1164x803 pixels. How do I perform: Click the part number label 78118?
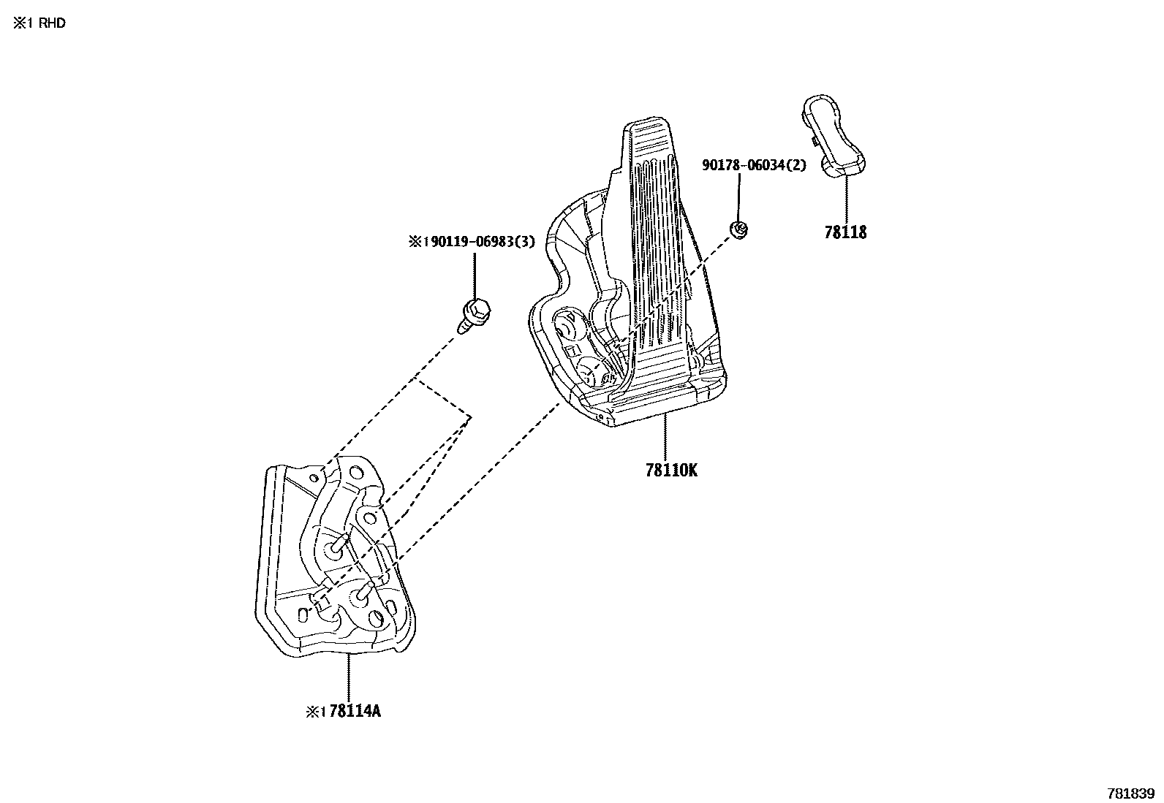coord(845,232)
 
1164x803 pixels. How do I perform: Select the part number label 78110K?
coord(671,470)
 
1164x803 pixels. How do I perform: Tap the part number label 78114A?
coord(355,710)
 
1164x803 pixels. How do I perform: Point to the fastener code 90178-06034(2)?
coord(754,166)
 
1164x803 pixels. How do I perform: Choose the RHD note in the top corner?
coord(39,23)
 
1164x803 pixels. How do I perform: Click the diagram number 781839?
coord(1131,794)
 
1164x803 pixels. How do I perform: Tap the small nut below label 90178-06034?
coord(739,229)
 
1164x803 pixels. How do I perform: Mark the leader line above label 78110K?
coord(665,435)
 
